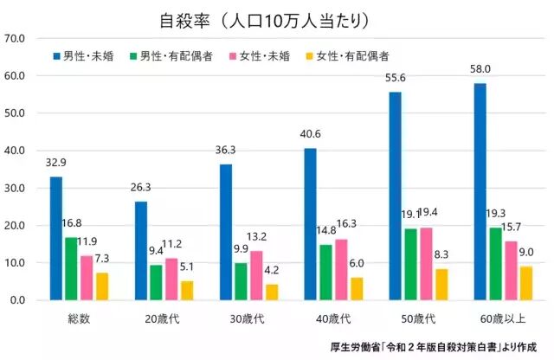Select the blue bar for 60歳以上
480,192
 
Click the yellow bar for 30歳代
272,292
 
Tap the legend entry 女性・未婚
259,56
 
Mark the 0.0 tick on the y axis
17,300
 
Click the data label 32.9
55,161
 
